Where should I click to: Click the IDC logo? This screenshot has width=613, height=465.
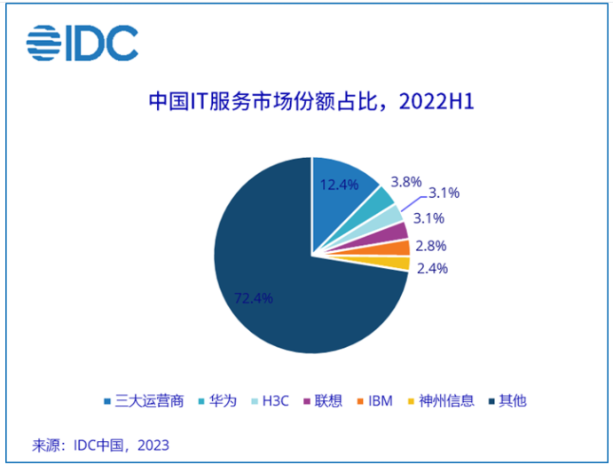82,41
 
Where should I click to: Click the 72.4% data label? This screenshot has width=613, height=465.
253,297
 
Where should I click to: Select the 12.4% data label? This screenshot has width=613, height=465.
339,185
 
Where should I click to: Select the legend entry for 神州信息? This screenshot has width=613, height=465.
441,400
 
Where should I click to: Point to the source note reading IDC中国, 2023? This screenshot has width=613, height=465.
100,445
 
